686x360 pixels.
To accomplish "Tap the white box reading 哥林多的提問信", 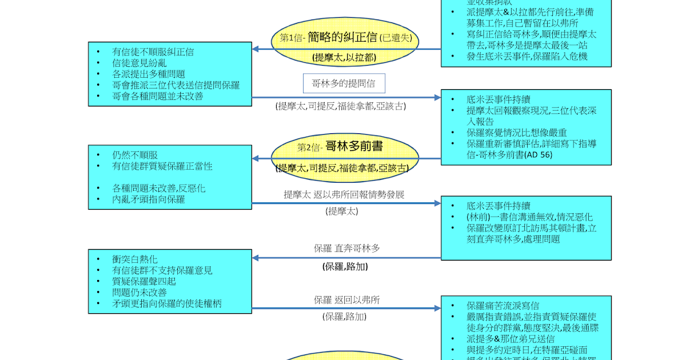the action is [x=344, y=83].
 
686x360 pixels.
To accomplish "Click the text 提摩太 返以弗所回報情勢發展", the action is [x=344, y=194].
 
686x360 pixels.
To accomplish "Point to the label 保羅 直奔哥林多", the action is [x=346, y=248].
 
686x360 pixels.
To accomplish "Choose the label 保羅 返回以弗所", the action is [x=346, y=299].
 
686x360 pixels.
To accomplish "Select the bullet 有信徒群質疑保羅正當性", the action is [x=162, y=166].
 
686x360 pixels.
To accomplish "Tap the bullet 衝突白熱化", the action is [x=135, y=259].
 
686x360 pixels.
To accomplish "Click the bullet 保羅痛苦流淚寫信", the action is [x=502, y=306].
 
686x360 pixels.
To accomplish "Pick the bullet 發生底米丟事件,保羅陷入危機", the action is [x=527, y=56].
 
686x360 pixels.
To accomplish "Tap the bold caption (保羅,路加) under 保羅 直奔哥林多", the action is [x=345, y=266].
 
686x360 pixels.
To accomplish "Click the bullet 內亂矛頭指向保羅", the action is [x=149, y=199].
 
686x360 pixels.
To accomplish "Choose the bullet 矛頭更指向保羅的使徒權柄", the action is [x=167, y=303].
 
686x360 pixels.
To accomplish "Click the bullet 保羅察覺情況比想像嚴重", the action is [x=517, y=133].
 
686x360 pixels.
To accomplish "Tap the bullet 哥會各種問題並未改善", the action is [x=158, y=96].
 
